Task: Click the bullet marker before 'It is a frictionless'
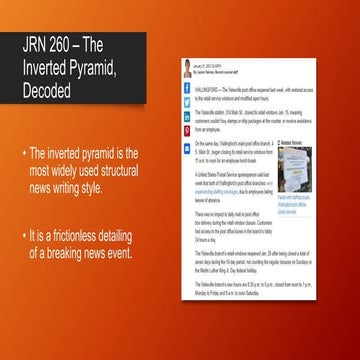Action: (x=25, y=235)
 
